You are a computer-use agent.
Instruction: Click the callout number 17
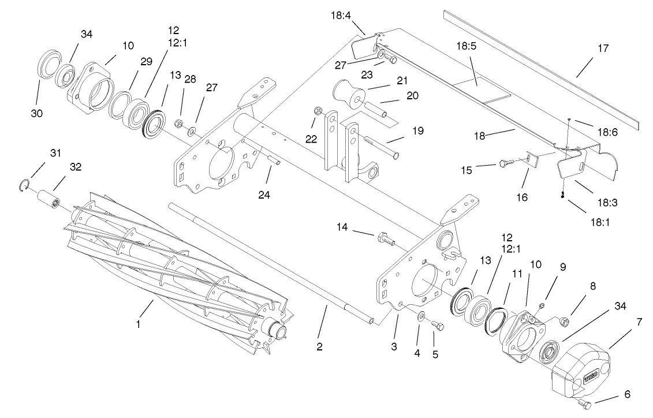603,48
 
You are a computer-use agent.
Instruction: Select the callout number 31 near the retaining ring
54,153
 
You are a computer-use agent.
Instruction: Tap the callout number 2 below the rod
319,347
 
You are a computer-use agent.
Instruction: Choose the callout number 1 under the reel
138,324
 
